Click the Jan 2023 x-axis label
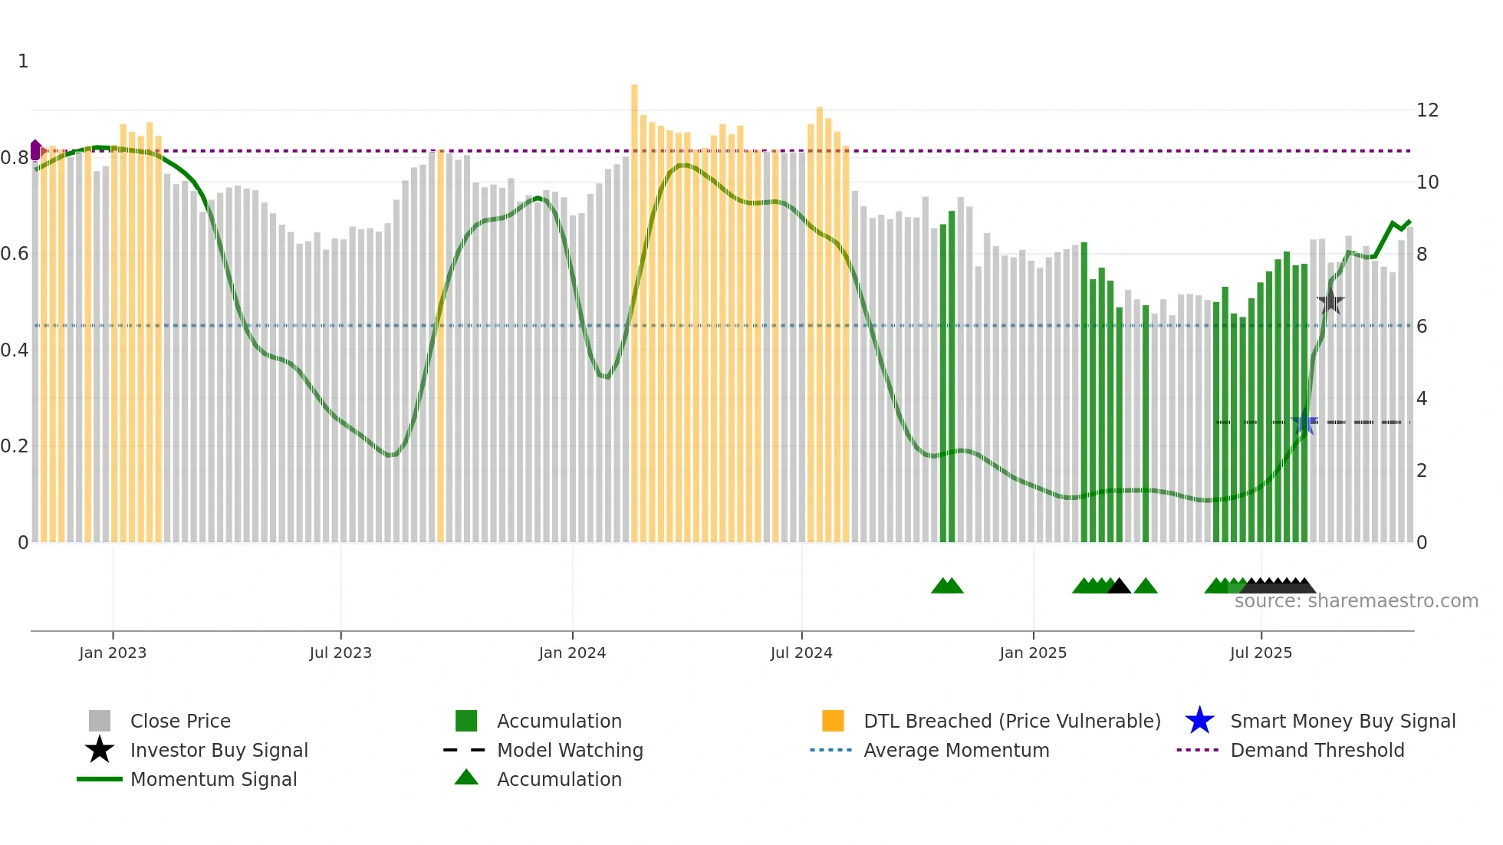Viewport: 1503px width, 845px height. (112, 653)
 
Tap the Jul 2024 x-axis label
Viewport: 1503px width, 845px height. (801, 653)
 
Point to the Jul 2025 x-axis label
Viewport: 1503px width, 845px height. (1260, 653)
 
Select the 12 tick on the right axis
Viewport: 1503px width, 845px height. (1427, 110)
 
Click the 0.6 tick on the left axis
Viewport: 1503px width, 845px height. (15, 254)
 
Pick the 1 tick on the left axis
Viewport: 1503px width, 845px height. (23, 61)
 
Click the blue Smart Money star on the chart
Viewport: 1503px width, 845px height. (1304, 422)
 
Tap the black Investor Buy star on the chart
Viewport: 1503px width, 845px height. (1330, 301)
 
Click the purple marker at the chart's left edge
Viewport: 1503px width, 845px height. (35, 150)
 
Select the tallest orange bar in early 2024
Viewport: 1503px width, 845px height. (634, 307)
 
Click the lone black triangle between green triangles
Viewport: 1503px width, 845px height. (1119, 586)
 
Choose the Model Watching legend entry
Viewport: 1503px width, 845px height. (570, 750)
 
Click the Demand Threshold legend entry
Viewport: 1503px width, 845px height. (1317, 750)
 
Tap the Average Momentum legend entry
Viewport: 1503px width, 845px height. (955, 750)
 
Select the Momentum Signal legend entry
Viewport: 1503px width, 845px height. (213, 779)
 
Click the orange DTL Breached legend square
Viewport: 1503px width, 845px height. (832, 721)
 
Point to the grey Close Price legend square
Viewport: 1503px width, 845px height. (100, 721)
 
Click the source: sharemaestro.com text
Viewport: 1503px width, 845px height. (1356, 601)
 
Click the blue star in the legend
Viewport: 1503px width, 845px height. (1199, 721)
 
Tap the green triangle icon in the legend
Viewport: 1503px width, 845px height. (466, 778)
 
